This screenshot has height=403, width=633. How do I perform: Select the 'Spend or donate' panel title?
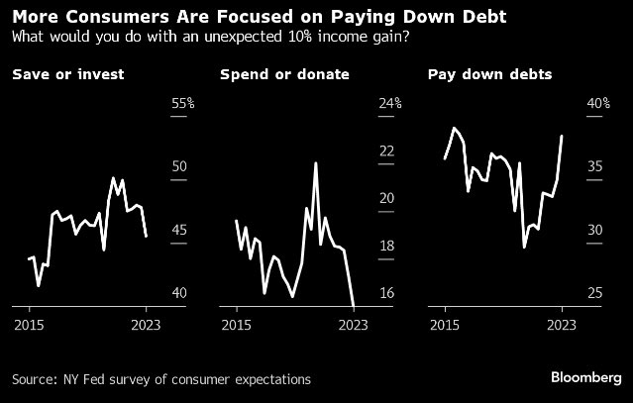(269, 74)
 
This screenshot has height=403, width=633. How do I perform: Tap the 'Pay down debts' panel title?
(476, 74)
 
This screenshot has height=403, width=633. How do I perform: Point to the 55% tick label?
(183, 103)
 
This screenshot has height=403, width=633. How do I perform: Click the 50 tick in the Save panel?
(179, 166)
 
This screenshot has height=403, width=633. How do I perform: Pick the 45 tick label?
(179, 230)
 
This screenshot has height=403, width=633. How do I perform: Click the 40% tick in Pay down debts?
(599, 103)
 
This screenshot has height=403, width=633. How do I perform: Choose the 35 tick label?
(595, 166)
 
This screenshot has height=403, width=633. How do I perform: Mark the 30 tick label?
(595, 230)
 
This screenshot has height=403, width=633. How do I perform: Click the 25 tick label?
(595, 293)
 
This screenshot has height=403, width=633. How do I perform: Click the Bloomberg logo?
(583, 378)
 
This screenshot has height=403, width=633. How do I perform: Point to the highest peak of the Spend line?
(316, 163)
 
